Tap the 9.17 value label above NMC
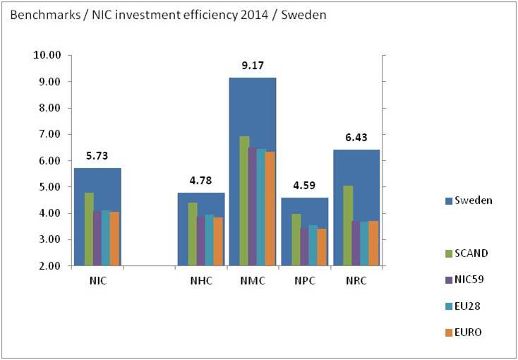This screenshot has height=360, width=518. [252, 68]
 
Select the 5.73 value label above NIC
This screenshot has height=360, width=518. [97, 157]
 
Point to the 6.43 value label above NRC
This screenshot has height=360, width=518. [356, 140]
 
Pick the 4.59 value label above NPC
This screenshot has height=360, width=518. [304, 188]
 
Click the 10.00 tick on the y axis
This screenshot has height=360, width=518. [48, 55]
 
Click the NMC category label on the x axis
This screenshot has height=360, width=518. [253, 280]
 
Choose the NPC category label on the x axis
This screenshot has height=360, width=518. [305, 280]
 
